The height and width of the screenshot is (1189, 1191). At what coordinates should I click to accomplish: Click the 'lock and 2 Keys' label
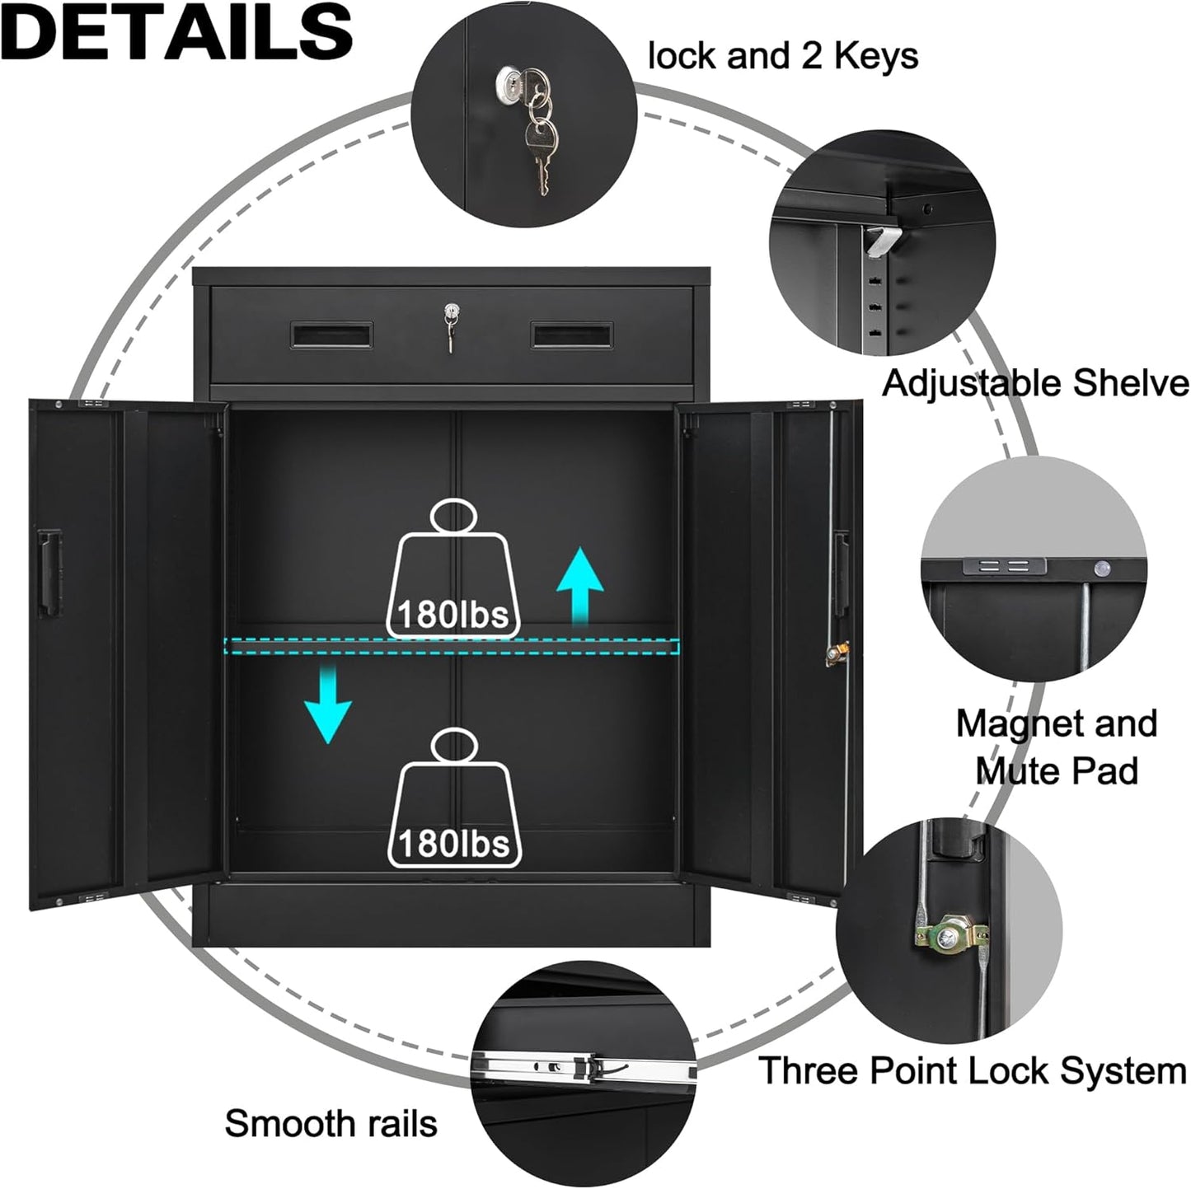(x=782, y=56)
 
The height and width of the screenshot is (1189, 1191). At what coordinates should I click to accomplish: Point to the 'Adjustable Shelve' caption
(x=1035, y=383)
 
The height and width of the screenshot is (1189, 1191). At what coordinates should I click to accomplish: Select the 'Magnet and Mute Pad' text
(x=1057, y=747)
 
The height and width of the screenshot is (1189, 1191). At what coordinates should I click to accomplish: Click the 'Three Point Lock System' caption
(x=972, y=1070)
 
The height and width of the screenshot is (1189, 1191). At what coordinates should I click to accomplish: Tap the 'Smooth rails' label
(x=331, y=1123)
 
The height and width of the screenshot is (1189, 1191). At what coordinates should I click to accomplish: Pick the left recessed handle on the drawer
(x=332, y=335)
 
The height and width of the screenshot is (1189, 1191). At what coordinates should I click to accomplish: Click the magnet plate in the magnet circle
(x=1004, y=566)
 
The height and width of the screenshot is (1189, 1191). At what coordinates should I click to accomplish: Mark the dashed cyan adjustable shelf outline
(x=452, y=647)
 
